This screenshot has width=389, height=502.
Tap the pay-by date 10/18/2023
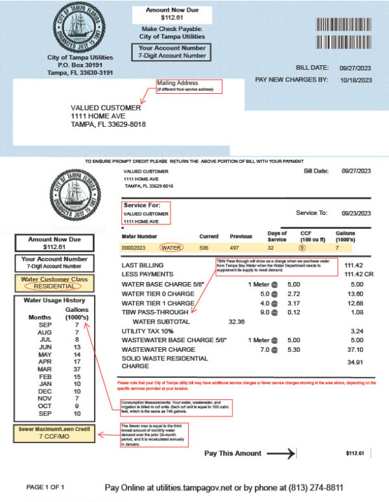coord(356,80)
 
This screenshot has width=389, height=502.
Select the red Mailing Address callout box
coord(189,87)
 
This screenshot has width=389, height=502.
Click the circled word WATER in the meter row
coord(172,247)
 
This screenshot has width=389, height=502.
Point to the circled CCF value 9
coord(302,247)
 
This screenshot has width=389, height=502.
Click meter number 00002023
coord(136,247)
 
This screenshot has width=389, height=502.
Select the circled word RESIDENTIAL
coord(55,285)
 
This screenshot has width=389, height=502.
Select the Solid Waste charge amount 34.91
coord(355,362)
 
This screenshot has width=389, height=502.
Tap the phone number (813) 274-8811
coord(314,487)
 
